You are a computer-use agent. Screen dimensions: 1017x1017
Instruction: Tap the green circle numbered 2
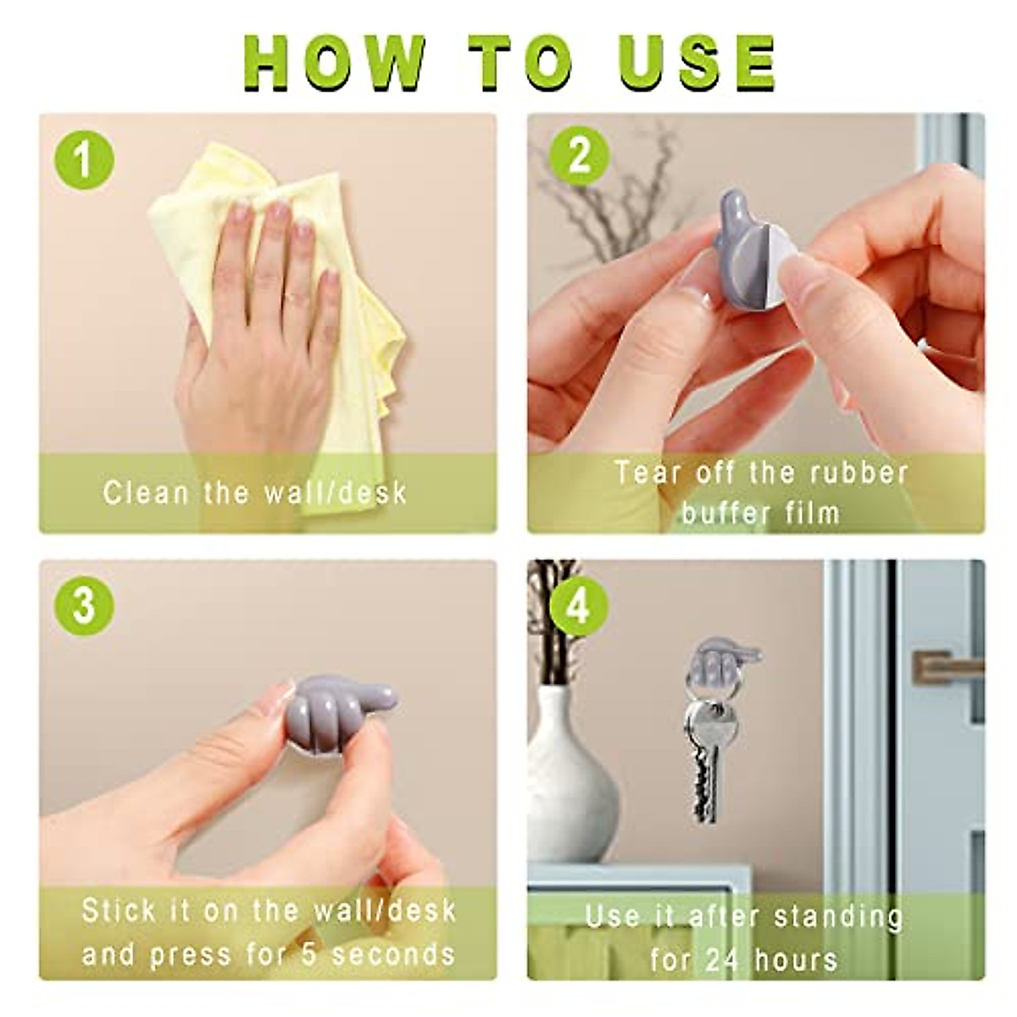(580, 157)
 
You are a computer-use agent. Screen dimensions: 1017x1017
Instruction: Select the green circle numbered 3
(84, 606)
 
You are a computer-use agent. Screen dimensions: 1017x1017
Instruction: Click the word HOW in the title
(336, 64)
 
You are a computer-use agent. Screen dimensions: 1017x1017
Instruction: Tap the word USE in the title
(696, 64)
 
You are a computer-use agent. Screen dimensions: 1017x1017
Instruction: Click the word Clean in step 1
(146, 493)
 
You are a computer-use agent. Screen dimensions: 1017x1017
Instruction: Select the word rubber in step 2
(857, 472)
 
